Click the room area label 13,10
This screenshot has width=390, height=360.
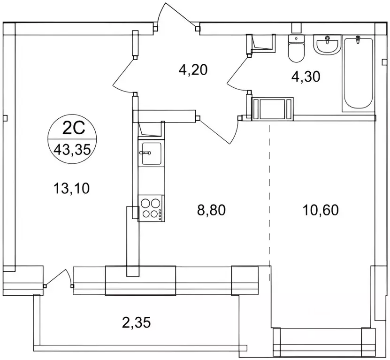pyautogui.click(x=71, y=188)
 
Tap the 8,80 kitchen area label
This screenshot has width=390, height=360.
pyautogui.click(x=211, y=210)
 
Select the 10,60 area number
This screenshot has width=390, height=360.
pyautogui.click(x=321, y=210)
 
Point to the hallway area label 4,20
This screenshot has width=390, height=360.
pyautogui.click(x=193, y=69)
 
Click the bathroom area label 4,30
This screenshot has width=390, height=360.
pyautogui.click(x=306, y=77)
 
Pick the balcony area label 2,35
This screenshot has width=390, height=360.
pyautogui.click(x=137, y=322)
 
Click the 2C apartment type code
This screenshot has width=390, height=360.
pyautogui.click(x=74, y=129)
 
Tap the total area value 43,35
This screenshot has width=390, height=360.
pyautogui.click(x=72, y=150)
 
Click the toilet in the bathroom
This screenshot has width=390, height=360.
pyautogui.click(x=296, y=48)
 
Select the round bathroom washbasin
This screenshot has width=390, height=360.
pyautogui.click(x=326, y=44)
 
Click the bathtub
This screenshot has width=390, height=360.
pyautogui.click(x=358, y=73)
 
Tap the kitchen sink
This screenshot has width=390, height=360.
pyautogui.click(x=152, y=153)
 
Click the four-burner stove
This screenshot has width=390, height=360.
pyautogui.click(x=151, y=208)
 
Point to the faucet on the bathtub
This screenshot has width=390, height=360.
pyautogui.click(x=358, y=39)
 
